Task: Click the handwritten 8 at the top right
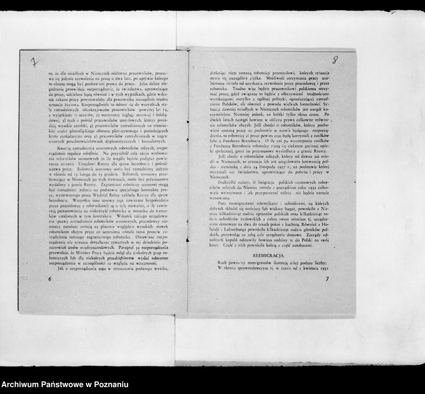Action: coord(335,60)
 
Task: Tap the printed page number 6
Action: coord(49,278)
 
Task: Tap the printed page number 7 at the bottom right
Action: coord(328,278)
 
